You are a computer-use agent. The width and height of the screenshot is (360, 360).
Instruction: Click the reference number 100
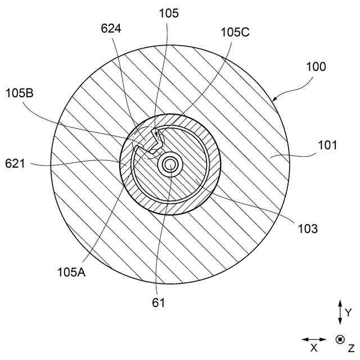tap(316, 66)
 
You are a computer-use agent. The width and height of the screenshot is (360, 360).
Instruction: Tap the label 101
tap(328, 145)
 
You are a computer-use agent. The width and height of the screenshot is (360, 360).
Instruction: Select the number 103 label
tap(309, 228)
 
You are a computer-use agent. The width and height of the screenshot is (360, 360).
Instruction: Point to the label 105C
tap(235, 32)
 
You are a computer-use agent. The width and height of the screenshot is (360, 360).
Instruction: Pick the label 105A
tap(71, 272)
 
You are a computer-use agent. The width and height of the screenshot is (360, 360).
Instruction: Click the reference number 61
tap(159, 303)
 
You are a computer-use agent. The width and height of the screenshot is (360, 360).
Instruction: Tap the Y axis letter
tap(348, 312)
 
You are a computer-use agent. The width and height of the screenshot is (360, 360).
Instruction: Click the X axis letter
tap(314, 348)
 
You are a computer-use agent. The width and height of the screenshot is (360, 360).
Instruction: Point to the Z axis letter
tap(351, 348)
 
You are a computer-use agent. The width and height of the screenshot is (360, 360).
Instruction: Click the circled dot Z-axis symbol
tap(340, 339)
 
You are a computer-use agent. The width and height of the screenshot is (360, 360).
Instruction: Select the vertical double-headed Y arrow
tap(340, 312)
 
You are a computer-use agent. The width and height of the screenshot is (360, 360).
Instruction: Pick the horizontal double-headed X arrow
tap(314, 339)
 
